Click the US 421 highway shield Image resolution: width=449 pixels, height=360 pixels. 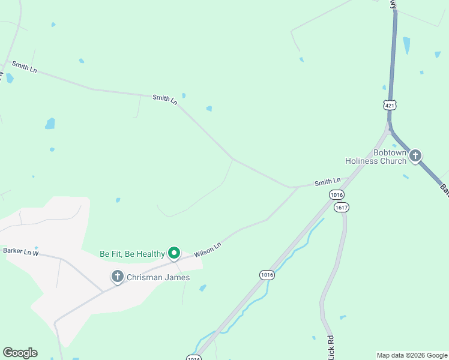pos(390,106)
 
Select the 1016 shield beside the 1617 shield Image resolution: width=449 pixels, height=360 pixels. pos(336,195)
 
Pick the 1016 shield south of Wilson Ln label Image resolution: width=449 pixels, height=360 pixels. pos(267,275)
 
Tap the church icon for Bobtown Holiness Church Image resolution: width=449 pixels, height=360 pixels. pos(415,156)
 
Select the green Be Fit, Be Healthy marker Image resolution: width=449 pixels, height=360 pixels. pos(174,253)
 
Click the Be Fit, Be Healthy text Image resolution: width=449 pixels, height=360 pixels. pos(132,254)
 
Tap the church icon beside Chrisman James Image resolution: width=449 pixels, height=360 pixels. pos(118,277)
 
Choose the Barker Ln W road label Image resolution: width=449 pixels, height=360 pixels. pos(20,251)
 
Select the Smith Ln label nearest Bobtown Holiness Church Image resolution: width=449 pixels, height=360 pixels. pos(328,181)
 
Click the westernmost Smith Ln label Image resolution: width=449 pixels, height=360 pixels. pos(24,68)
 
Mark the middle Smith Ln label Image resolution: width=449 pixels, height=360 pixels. pos(164,100)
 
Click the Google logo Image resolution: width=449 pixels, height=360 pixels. pos(20,353)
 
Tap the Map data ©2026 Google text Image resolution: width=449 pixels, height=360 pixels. pos(411,355)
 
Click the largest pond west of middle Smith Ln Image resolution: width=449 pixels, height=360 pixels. pos(50,124)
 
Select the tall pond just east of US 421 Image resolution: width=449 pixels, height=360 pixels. pos(407,45)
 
